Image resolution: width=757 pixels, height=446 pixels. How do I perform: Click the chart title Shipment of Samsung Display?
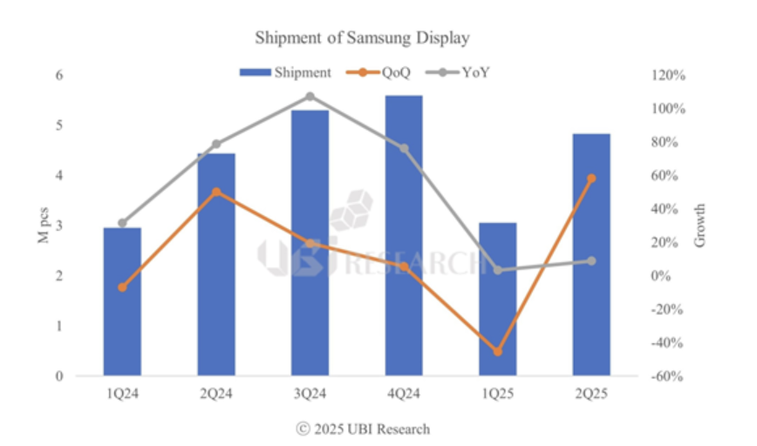click(x=362, y=38)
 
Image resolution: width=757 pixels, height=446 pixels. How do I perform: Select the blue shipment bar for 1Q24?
click(x=122, y=301)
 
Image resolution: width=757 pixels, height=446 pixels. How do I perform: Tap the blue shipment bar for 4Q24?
click(x=404, y=235)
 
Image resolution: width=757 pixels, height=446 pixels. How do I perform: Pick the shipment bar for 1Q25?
click(x=497, y=299)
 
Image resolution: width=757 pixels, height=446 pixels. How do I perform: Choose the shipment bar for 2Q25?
click(x=591, y=254)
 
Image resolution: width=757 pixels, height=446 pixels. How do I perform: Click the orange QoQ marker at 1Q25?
click(x=498, y=352)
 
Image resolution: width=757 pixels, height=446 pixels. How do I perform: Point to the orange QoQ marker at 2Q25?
click(x=591, y=178)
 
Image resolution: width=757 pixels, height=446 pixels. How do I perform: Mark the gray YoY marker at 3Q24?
click(x=310, y=96)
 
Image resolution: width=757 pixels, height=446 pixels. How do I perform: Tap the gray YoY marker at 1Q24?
click(x=122, y=223)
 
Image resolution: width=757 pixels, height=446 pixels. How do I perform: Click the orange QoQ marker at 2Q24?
click(x=216, y=192)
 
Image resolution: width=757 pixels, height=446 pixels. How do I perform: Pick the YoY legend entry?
click(x=458, y=71)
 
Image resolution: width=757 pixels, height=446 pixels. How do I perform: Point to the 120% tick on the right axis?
click(x=670, y=76)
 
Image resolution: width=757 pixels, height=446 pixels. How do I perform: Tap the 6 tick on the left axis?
click(x=60, y=76)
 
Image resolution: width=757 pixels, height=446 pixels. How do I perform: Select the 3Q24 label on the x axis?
click(x=310, y=395)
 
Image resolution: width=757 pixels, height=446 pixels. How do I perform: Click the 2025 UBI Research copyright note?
click(x=363, y=429)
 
